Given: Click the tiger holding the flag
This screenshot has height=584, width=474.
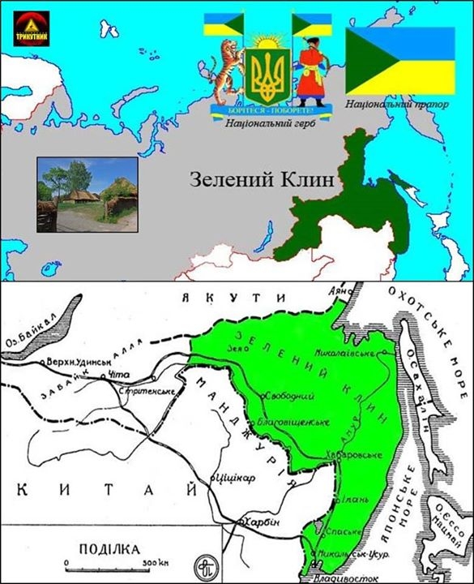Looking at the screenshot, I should [x=227, y=69].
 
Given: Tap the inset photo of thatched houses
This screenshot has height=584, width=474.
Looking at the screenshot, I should [x=87, y=195].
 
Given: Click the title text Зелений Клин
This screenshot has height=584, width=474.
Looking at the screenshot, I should [x=261, y=179].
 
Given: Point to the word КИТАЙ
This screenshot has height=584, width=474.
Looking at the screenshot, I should [x=105, y=488].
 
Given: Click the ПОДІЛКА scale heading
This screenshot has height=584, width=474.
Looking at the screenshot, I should [x=108, y=547].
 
